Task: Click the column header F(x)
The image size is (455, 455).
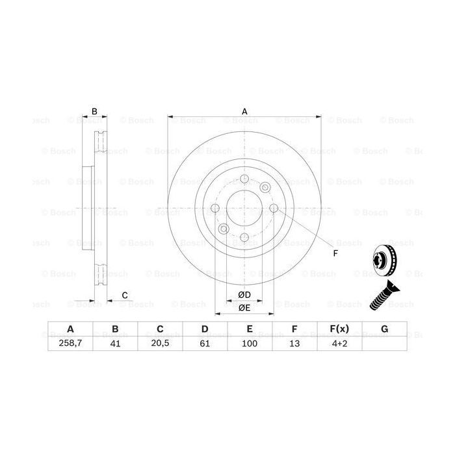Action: point(339,330)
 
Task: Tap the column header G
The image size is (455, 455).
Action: point(384,330)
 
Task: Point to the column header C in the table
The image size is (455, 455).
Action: point(160,330)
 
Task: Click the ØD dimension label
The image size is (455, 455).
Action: point(245,295)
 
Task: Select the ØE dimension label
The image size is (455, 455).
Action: point(245,307)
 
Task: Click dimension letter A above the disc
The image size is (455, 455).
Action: point(245,112)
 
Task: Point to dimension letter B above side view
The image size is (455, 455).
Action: point(94,112)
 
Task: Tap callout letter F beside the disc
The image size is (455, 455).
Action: point(335,253)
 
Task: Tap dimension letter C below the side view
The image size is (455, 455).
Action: point(124,295)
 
